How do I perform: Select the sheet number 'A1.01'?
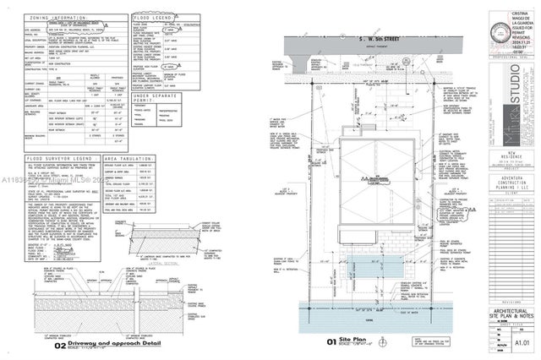click(516, 344)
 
